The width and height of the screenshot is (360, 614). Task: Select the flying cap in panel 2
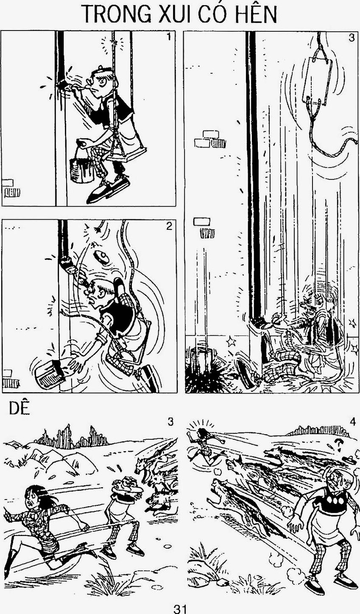tap(101, 257)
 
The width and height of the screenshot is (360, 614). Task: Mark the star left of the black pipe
tap(230, 342)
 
